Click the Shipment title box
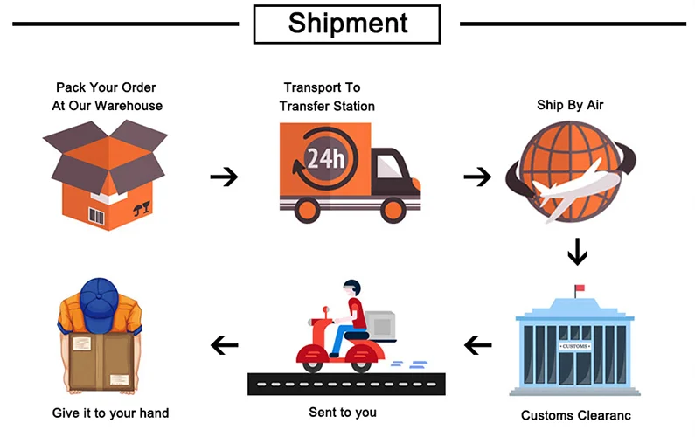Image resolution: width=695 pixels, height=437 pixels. click(348, 23)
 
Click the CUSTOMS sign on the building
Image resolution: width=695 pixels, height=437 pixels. click(573, 347)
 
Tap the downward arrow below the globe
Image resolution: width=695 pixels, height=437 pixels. click(577, 253)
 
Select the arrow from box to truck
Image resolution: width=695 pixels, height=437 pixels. click(224, 177)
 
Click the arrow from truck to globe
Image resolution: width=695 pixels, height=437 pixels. click(477, 177)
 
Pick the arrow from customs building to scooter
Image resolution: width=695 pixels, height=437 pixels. click(477, 345)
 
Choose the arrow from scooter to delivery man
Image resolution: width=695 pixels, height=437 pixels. click(225, 346)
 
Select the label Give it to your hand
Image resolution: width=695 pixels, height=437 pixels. click(110, 412)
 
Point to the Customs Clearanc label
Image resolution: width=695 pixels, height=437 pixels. click(575, 415)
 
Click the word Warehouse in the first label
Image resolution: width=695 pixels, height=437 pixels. click(129, 106)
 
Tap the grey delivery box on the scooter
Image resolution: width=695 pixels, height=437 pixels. click(380, 325)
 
